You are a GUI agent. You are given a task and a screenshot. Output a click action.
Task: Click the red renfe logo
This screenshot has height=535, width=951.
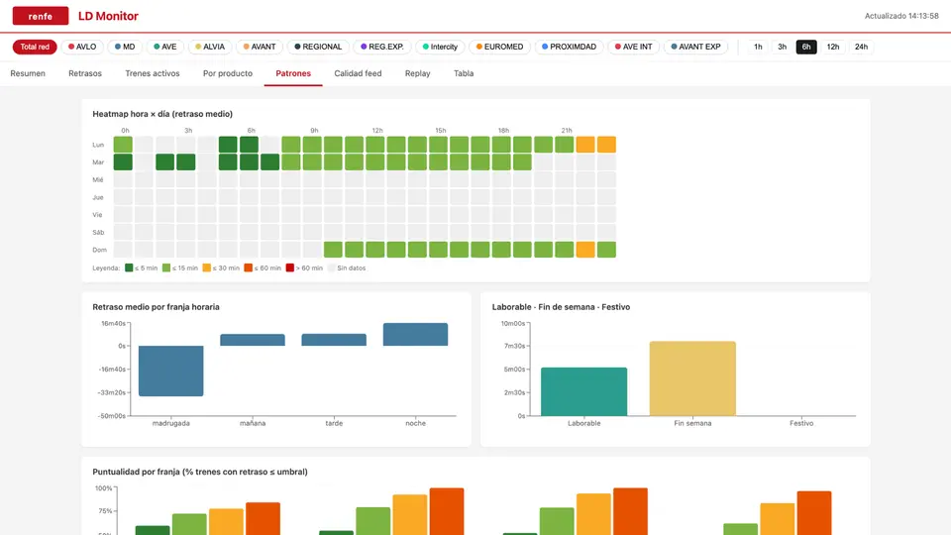(x=40, y=16)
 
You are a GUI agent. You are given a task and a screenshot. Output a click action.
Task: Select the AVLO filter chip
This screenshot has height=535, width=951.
(x=82, y=47)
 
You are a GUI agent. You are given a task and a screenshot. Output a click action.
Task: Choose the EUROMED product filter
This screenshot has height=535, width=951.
(x=499, y=47)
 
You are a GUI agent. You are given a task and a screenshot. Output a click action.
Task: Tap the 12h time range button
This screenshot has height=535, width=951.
(x=833, y=47)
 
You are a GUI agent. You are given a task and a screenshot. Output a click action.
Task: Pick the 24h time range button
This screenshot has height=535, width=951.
(x=861, y=47)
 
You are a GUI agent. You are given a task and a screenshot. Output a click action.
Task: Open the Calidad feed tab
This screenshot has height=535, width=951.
(x=358, y=73)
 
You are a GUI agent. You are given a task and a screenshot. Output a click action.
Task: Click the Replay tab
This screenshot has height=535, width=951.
(x=417, y=73)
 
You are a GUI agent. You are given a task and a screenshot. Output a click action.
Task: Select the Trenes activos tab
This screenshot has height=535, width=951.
(x=153, y=73)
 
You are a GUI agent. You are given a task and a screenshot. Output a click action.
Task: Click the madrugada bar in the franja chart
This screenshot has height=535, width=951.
(x=171, y=371)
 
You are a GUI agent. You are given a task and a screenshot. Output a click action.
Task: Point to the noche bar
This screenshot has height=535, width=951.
(x=415, y=334)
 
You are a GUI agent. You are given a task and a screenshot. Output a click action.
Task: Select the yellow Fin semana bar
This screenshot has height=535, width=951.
(x=692, y=378)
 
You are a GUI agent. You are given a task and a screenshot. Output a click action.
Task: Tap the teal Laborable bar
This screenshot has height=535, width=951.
(x=584, y=391)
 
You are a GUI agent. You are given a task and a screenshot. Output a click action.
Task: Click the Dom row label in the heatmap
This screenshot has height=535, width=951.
(x=99, y=250)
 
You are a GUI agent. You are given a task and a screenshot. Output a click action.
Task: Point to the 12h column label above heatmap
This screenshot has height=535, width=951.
(x=377, y=131)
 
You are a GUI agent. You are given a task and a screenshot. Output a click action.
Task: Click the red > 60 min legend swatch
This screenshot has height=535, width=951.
(x=290, y=267)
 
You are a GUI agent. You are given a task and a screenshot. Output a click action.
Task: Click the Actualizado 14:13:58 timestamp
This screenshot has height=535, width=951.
(x=901, y=16)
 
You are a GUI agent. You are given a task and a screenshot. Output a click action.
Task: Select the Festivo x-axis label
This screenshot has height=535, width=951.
(x=801, y=423)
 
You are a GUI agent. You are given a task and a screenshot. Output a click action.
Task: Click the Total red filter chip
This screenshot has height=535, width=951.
(x=35, y=47)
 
